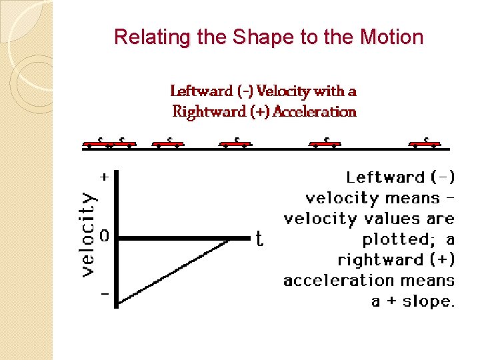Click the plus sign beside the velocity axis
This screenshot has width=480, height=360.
coord(104,177)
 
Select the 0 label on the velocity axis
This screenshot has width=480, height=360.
coord(104,236)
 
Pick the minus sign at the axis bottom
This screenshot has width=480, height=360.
coord(104,294)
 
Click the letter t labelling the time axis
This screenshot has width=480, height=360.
coord(259,239)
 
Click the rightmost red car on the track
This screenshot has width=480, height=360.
coord(424,142)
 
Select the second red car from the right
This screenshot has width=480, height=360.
coord(325,142)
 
